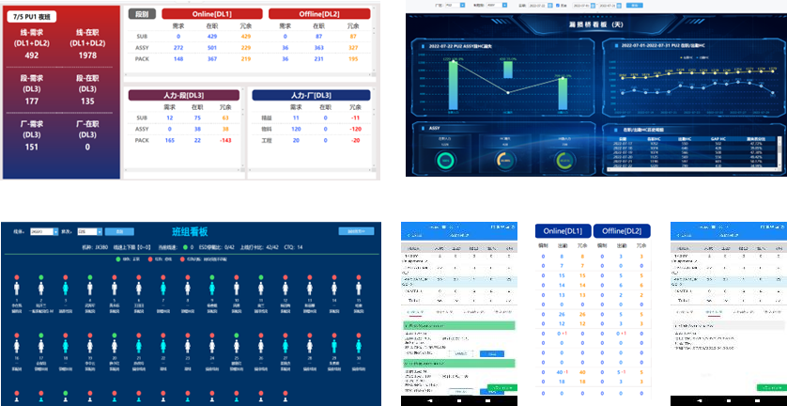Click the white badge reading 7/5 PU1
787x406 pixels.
pos(35,17)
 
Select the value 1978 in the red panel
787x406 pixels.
pos(87,55)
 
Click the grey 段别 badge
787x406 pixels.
pos(141,14)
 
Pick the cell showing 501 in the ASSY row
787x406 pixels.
pos(211,47)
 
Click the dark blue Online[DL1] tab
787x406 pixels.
pos(563,231)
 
